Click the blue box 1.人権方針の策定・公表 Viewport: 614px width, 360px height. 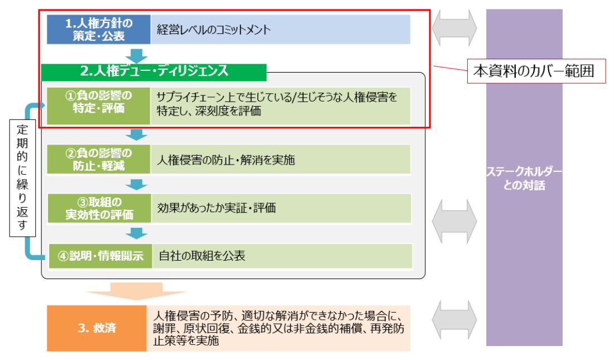click(x=98, y=30)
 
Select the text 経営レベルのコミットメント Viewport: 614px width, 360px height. click(x=214, y=30)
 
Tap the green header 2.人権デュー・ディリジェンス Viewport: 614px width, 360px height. click(x=154, y=71)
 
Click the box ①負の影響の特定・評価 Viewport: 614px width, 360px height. click(x=98, y=100)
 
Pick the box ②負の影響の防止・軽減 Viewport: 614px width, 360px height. click(x=98, y=160)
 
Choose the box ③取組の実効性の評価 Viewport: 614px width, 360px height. click(x=98, y=208)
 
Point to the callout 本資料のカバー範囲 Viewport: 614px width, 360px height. click(x=536, y=71)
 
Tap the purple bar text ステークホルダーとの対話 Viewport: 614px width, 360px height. click(x=524, y=178)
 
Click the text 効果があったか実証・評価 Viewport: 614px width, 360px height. click(x=217, y=208)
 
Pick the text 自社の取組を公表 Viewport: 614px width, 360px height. click(x=202, y=256)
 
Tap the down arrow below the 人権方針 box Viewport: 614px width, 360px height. click(x=136, y=55)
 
